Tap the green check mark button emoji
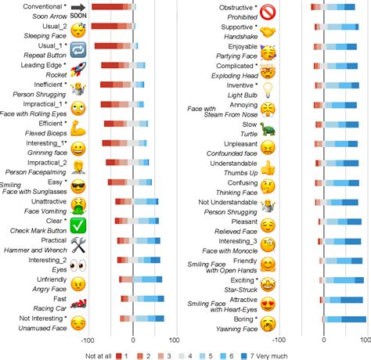coord(78,225)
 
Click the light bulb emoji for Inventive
coord(268,89)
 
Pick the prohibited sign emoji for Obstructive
coord(268,12)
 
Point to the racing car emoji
coord(78,302)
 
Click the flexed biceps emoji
coord(78,128)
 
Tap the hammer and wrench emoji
coord(78,244)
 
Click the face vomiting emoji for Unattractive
coord(78,205)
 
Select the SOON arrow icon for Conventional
coord(78,11)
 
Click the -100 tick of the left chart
coord(88,340)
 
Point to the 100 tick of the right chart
coord(368,340)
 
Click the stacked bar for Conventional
coord(113,7)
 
